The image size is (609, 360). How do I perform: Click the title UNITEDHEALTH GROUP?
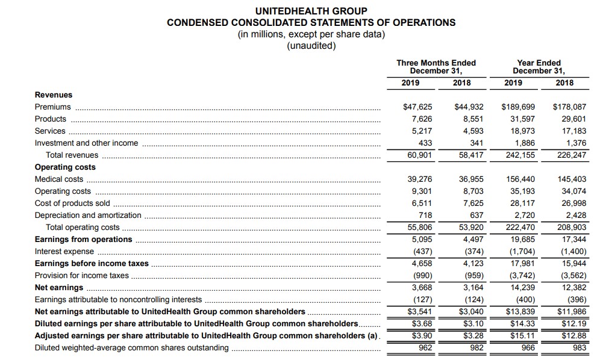tap(311, 11)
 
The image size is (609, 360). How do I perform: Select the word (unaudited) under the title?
tap(311, 46)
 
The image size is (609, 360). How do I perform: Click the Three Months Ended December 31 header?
tap(436, 67)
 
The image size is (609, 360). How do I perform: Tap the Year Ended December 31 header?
tap(539, 67)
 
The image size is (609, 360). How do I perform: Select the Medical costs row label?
tap(59, 179)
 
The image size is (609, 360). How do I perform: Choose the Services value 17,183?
tap(573, 131)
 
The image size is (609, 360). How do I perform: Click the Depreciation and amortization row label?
tap(88, 216)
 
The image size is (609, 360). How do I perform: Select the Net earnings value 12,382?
tap(573, 288)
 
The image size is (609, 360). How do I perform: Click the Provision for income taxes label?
tap(82, 276)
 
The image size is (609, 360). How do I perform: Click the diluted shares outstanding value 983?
tap(579, 348)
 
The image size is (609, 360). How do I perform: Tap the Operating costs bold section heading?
tap(65, 167)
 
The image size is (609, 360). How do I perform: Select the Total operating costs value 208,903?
tap(572, 228)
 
